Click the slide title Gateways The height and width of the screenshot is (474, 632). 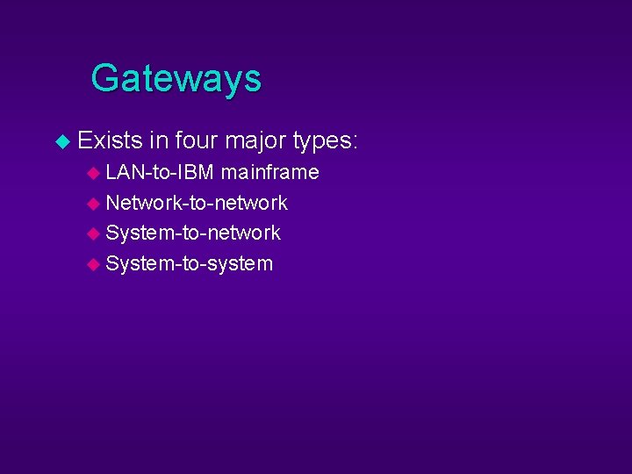176,78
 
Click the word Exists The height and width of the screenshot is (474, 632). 110,140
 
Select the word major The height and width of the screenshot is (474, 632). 255,140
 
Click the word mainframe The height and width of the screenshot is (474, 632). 269,172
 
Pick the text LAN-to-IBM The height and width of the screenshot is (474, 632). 160,172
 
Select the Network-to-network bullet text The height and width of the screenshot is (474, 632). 197,203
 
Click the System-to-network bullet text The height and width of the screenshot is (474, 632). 193,233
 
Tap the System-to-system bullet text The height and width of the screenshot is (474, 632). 190,263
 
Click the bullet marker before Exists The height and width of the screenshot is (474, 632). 61,141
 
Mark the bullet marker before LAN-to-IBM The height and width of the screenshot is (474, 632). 94,173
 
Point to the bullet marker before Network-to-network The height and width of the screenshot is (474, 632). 94,204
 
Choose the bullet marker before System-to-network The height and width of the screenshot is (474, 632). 94,233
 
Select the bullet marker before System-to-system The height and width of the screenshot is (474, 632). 94,264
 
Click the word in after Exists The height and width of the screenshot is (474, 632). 158,140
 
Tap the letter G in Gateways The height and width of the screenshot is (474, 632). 105,78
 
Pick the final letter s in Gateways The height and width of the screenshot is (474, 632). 252,81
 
